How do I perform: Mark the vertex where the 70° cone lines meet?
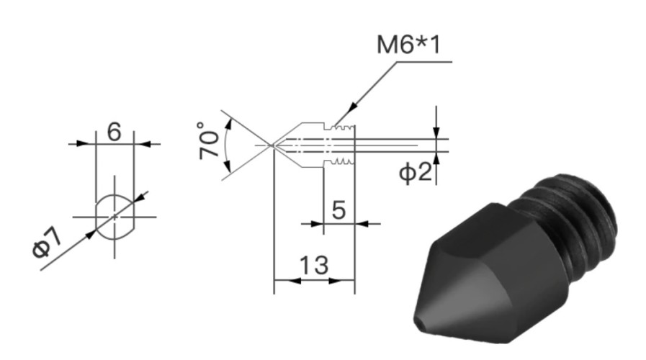[x=272, y=145]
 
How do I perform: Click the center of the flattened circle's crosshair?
[x=115, y=217]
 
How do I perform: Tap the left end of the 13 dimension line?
[x=274, y=281]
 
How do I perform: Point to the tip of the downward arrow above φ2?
[x=436, y=138]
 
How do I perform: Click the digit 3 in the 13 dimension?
[x=321, y=266]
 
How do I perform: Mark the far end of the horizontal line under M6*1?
[x=452, y=62]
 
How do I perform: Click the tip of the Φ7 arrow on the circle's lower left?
[x=96, y=230]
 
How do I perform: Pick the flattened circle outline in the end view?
[x=115, y=216]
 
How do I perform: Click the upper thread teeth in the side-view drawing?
[x=344, y=127]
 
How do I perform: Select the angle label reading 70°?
[x=209, y=140]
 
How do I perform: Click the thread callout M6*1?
[x=408, y=45]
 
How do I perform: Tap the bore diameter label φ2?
[x=416, y=171]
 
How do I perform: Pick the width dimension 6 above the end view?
[x=114, y=132]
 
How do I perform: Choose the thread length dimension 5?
[x=338, y=210]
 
